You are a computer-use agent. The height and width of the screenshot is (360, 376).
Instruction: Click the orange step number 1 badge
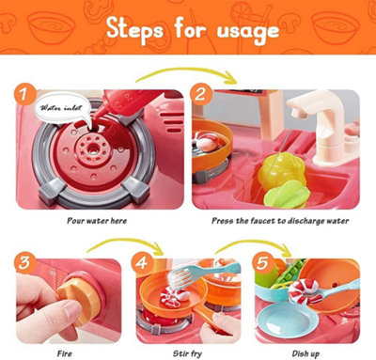point(24,94)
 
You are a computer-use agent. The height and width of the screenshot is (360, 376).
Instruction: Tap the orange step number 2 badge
point(200,94)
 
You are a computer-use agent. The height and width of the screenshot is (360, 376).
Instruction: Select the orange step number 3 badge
point(24,262)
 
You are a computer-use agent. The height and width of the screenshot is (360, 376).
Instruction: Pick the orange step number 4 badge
point(142,262)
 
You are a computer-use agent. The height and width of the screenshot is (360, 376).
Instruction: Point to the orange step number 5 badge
point(262,262)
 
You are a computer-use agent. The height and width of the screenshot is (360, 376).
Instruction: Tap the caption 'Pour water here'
point(97,221)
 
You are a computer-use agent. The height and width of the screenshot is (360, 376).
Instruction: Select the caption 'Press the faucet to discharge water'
point(280,221)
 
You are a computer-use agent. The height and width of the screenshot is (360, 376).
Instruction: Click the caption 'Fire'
point(65,353)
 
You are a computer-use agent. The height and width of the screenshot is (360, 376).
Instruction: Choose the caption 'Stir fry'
point(187,354)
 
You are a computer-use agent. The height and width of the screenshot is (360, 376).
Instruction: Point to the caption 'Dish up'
point(305,354)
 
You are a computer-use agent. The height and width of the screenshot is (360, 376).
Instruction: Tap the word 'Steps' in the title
point(134,29)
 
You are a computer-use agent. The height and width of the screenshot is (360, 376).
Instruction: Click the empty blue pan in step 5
point(283,319)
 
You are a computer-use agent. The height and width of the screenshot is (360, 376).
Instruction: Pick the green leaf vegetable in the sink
point(286,196)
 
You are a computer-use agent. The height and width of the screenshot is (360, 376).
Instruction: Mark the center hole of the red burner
point(92,148)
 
